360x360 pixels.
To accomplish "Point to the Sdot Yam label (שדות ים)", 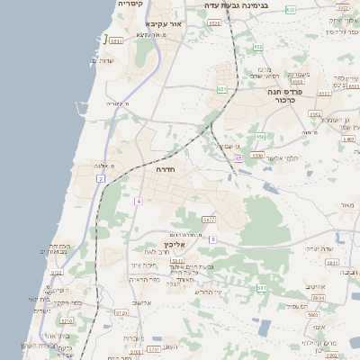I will (101, 60).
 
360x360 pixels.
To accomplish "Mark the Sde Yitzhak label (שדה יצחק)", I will (320, 248).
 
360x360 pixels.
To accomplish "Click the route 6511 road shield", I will (116, 40).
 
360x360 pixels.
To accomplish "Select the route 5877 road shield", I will (210, 220).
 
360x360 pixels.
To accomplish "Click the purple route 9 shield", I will (213, 239).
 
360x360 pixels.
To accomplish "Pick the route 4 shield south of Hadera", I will (139, 201).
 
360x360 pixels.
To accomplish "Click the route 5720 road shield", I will (56, 272).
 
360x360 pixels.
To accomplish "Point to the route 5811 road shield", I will (332, 263).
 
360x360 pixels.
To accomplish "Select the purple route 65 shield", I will (238, 158).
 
